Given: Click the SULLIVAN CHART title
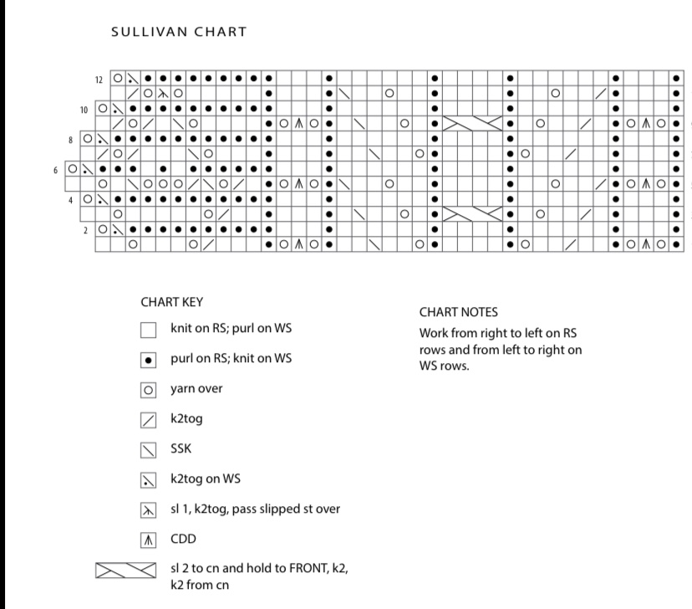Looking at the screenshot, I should tap(178, 33).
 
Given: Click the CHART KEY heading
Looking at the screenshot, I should tap(172, 301).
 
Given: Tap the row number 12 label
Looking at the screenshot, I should tap(99, 79).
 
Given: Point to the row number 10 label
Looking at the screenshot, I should tap(84, 109).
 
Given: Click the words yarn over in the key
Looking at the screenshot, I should tap(196, 388).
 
